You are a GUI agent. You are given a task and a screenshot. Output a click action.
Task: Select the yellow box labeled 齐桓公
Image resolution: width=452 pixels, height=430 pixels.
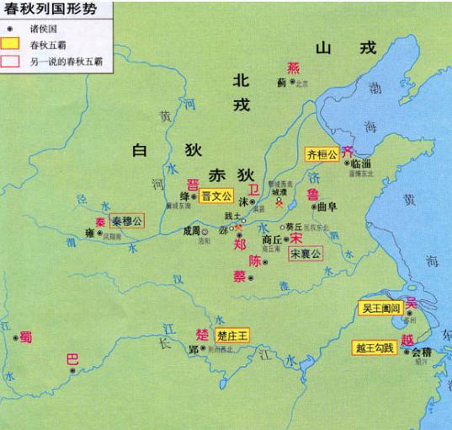click(322, 154)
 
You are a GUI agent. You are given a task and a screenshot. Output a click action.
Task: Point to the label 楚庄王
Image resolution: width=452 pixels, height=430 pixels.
click(233, 335)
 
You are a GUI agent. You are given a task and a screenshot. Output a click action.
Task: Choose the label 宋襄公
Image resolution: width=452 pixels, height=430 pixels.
click(306, 254)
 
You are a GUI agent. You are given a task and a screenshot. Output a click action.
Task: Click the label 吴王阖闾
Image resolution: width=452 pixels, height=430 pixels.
click(380, 309)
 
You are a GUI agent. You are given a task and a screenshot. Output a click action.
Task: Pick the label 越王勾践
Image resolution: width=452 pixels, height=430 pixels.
click(375, 346)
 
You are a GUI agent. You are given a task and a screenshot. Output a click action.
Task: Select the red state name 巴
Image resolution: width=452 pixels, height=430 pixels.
click(72, 360)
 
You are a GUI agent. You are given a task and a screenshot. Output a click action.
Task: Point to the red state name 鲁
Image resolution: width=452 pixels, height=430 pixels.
click(313, 196)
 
